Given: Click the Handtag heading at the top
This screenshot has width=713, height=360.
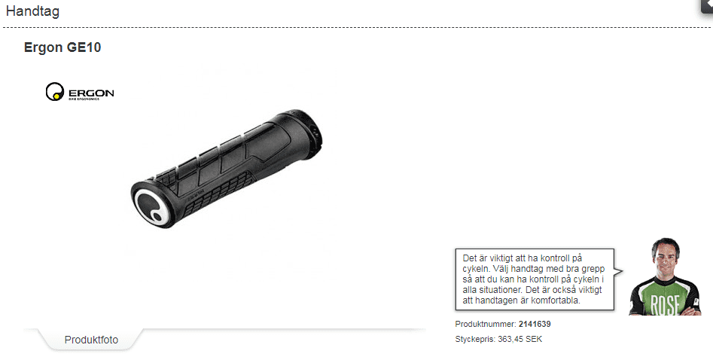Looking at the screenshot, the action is (32, 11).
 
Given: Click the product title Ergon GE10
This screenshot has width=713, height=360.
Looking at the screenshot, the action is (62, 47).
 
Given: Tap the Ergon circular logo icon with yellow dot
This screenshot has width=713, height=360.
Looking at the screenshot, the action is (55, 91).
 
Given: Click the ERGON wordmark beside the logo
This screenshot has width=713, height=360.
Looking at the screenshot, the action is (91, 93).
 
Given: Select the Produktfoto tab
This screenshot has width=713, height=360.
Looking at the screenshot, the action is (91, 340).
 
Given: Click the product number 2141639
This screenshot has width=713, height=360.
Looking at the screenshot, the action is (535, 324).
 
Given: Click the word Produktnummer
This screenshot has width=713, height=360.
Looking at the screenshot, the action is (485, 324).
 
